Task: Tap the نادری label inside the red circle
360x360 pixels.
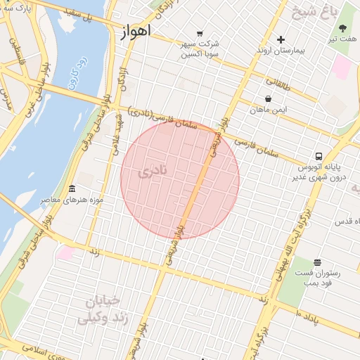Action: pos(154,170)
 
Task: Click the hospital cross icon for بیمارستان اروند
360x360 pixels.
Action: pos(281,39)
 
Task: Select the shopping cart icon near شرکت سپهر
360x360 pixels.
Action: pos(200,33)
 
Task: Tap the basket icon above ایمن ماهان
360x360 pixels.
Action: pos(269,99)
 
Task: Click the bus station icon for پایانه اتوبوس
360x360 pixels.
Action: pos(319,156)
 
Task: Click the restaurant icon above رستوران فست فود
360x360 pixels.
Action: pos(317,262)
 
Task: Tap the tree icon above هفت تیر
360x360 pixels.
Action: pos(343,29)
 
